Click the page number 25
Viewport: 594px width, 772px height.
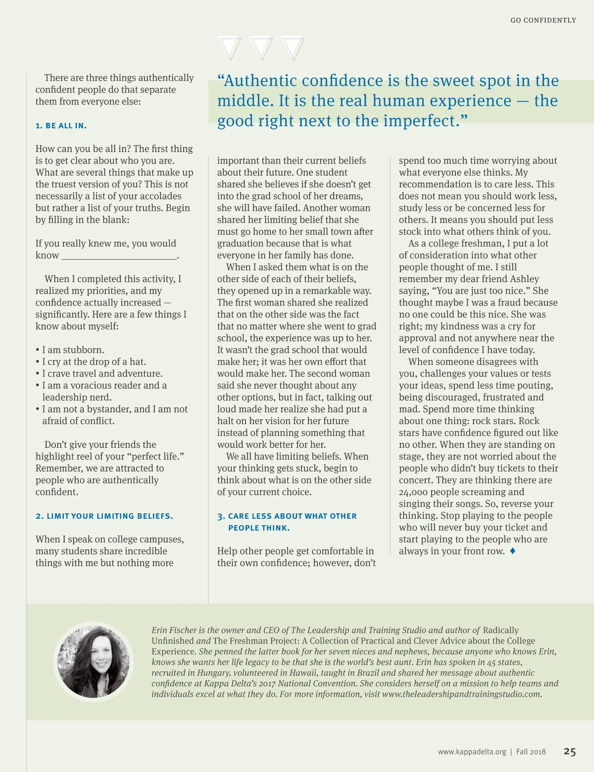pos(570,751)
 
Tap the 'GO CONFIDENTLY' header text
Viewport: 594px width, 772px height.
pos(543,20)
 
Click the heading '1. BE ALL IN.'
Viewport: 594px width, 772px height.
pos(61,126)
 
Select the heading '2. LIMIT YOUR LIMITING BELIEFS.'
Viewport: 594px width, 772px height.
pos(104,516)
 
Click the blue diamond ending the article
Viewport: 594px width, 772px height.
pos(512,551)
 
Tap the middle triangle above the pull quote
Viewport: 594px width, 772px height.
pos(262,48)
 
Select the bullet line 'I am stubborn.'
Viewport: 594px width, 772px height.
pos(73,350)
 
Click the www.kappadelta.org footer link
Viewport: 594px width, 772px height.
pos(472,752)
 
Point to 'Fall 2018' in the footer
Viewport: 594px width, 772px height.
pos(531,752)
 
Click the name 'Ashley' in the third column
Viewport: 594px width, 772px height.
pos(524,279)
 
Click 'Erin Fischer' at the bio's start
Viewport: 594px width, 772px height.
pos(174,630)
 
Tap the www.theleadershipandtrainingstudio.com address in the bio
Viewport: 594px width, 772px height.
pos(461,694)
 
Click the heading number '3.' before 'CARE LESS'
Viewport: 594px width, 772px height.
pos(221,516)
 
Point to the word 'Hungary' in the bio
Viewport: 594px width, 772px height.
pos(213,673)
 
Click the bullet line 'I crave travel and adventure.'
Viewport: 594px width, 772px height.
pos(102,374)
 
